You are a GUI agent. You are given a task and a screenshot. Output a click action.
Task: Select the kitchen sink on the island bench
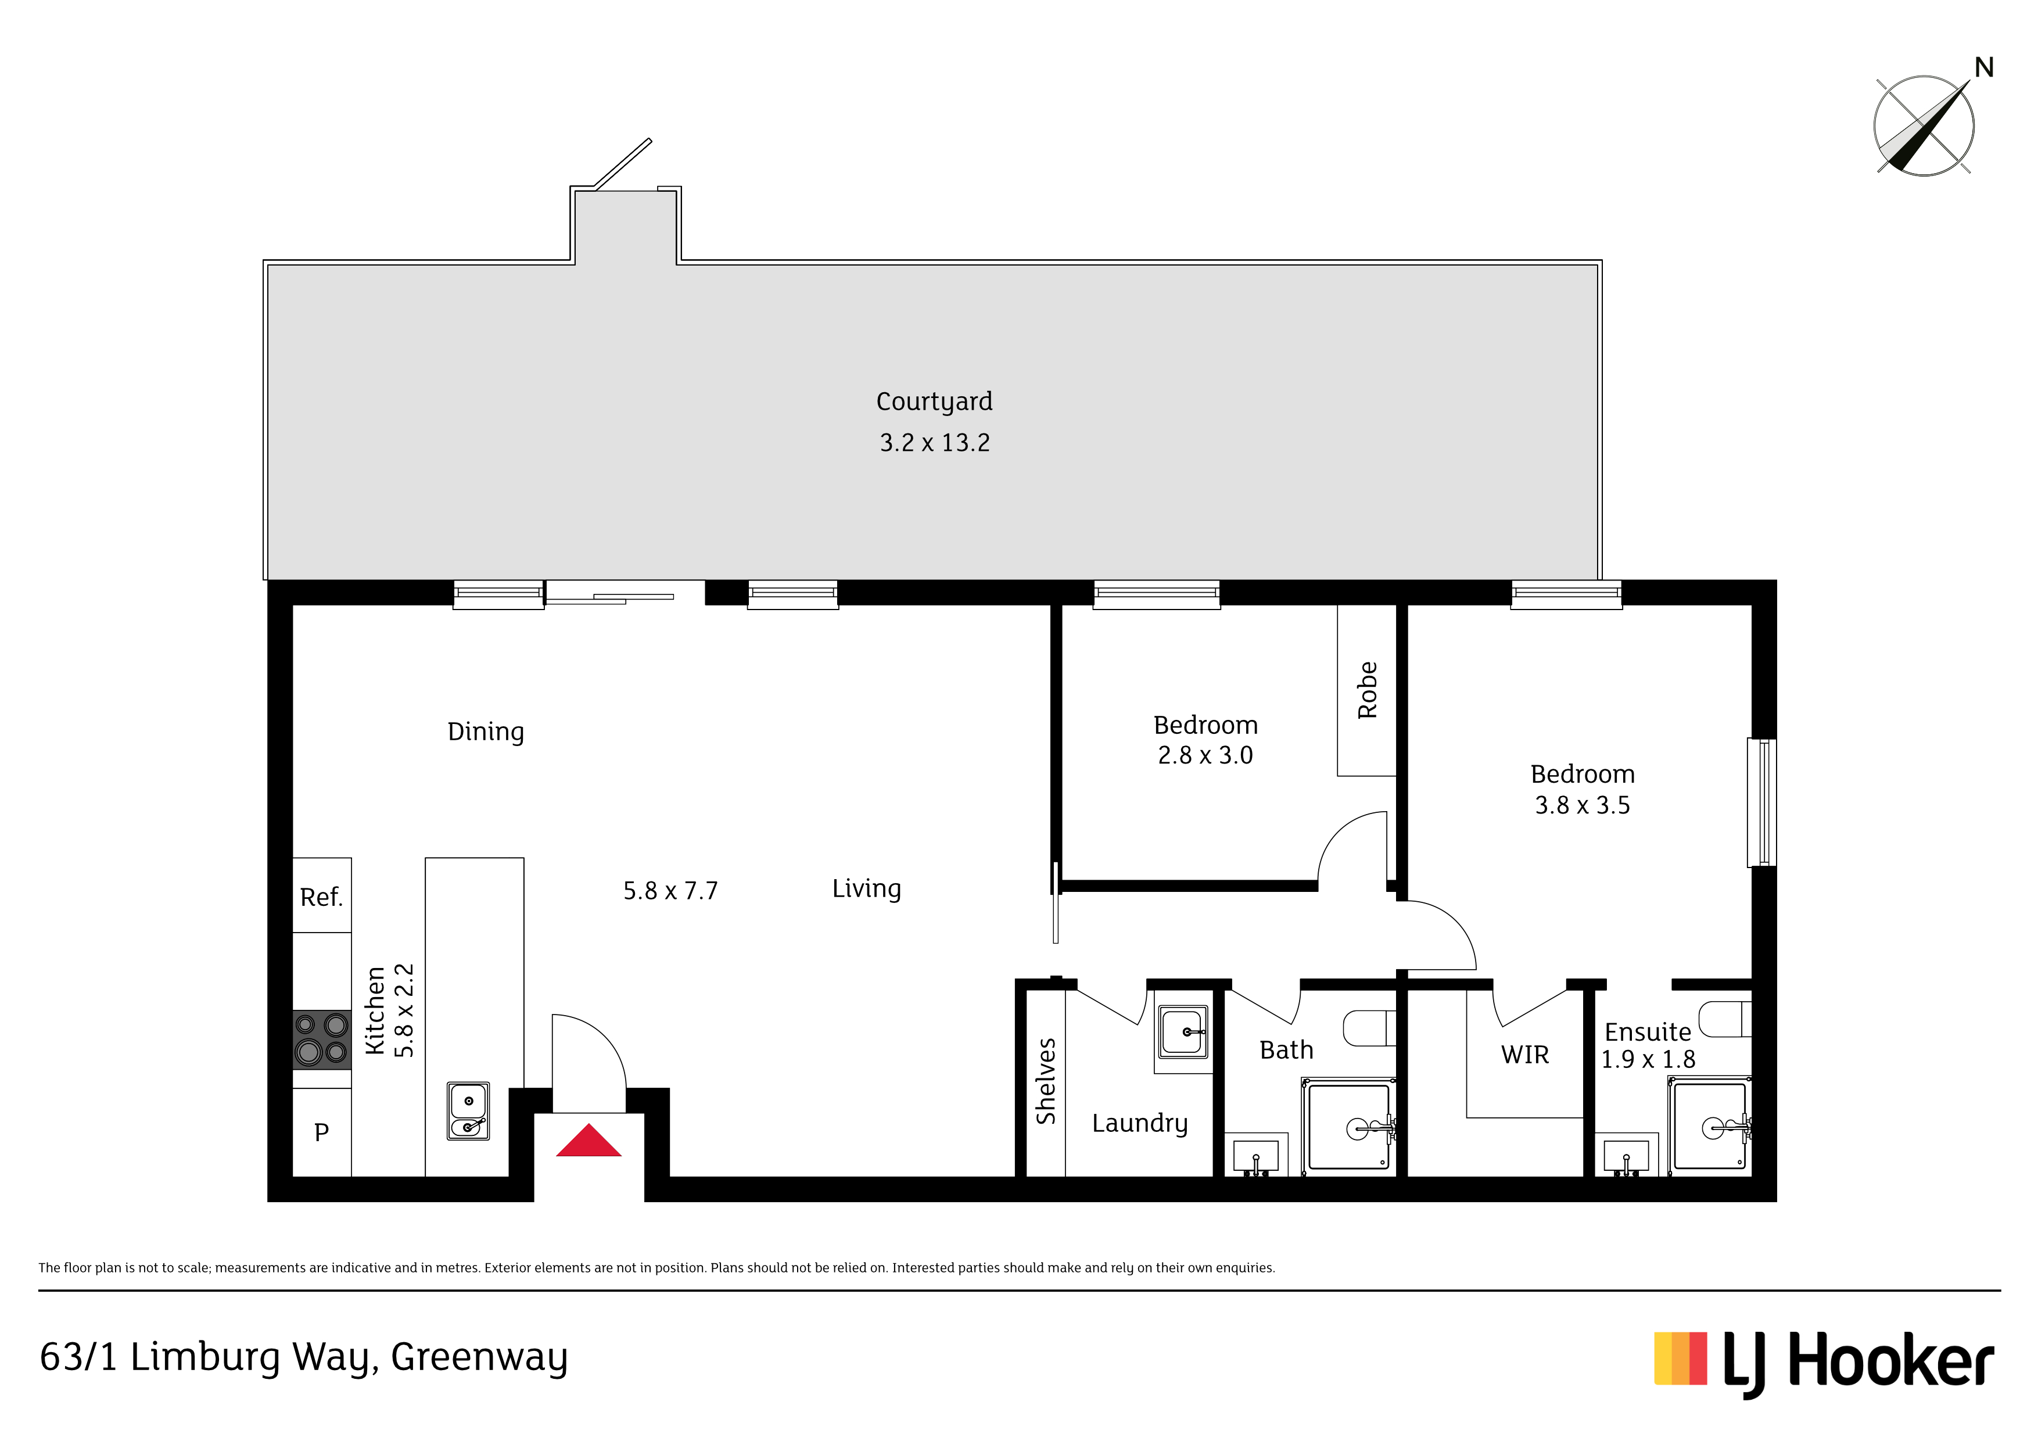click(x=468, y=1111)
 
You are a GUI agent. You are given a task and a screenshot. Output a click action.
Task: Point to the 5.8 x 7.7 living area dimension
click(x=670, y=891)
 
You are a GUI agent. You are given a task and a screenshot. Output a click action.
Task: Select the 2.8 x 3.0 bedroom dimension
click(x=1205, y=755)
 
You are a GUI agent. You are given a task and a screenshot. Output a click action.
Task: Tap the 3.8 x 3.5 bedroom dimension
click(x=1583, y=805)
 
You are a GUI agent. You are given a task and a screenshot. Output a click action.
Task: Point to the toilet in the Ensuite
click(x=1725, y=1019)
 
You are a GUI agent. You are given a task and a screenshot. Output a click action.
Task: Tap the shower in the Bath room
click(x=1349, y=1128)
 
